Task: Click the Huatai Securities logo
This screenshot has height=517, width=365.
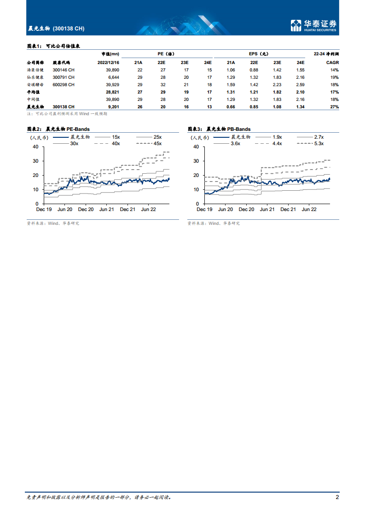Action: coord(313,26)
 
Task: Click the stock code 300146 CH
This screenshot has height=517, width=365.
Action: coord(64,70)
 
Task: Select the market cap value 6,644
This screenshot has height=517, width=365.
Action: coord(112,77)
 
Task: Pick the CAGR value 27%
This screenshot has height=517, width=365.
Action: coord(334,106)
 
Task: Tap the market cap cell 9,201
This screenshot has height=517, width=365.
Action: coord(112,106)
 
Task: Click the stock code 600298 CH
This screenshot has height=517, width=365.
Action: coord(64,84)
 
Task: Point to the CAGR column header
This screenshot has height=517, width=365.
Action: coord(332,62)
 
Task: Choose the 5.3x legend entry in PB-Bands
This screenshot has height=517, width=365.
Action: coord(318,143)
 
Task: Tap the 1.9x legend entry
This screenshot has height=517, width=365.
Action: coord(277,137)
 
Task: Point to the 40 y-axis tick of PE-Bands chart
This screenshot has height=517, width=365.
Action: coord(35,147)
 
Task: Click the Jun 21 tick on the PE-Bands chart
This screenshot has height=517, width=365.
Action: coord(106,209)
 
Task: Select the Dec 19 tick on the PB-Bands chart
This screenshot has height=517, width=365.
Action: coord(204,209)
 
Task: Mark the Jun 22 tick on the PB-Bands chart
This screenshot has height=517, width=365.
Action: coord(309,209)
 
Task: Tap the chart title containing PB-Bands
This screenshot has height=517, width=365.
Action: coord(219,129)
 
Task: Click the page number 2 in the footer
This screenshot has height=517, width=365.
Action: coord(337,497)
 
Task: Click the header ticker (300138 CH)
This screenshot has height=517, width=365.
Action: coord(69,29)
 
